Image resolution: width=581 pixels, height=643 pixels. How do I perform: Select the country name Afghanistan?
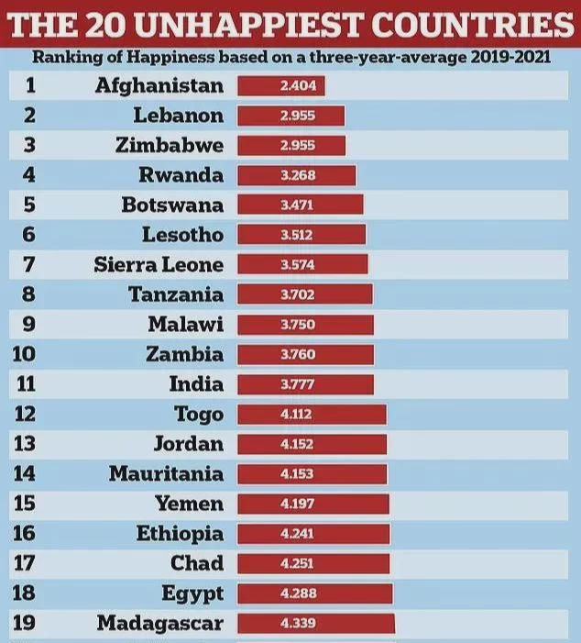(159, 86)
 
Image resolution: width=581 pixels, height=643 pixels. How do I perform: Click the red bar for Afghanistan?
(281, 86)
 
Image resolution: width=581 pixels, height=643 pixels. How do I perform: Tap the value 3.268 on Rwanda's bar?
(297, 175)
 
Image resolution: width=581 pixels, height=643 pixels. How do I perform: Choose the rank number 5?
(28, 205)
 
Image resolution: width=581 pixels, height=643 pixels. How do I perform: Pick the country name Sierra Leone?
(159, 265)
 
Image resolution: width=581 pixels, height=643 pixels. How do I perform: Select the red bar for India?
(306, 384)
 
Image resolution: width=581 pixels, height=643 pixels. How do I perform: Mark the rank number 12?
(28, 415)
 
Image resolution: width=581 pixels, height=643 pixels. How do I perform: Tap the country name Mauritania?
(166, 474)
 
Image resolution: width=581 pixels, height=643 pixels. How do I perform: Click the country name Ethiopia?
(180, 534)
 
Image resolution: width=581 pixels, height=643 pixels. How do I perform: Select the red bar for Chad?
(313, 563)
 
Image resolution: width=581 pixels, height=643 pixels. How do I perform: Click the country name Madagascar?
(159, 624)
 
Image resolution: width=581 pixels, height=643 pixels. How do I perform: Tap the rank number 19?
(28, 624)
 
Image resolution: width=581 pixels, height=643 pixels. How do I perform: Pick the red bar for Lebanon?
(291, 116)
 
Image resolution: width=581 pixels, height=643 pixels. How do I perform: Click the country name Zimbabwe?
(170, 146)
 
